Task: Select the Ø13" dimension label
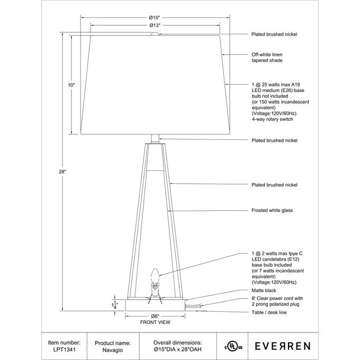pyautogui.click(x=155, y=25)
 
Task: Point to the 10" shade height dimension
pyautogui.click(x=71, y=85)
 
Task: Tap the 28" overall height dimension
pyautogui.click(x=63, y=171)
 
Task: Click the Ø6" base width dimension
pyautogui.click(x=155, y=316)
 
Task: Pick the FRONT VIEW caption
pyautogui.click(x=155, y=322)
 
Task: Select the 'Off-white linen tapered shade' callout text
pyautogui.click(x=267, y=57)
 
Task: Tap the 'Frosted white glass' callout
pyautogui.click(x=272, y=210)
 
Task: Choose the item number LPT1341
pyautogui.click(x=64, y=350)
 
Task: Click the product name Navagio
pyautogui.click(x=104, y=350)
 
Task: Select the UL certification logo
pyautogui.click(x=233, y=346)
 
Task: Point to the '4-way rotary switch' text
pyautogui.click(x=272, y=120)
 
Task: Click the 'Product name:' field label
pyautogui.click(x=112, y=343)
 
